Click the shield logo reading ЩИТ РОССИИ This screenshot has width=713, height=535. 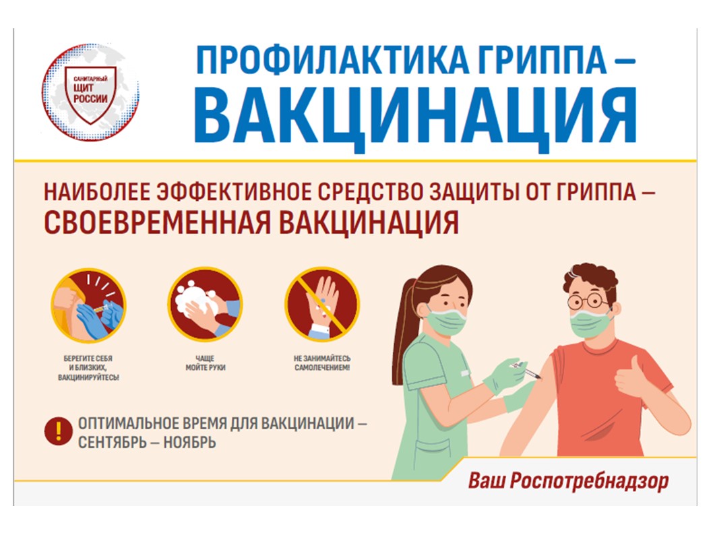pyautogui.click(x=90, y=92)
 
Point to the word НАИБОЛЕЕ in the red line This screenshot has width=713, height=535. pyautogui.click(x=97, y=192)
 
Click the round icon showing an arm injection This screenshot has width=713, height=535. pyautogui.click(x=88, y=305)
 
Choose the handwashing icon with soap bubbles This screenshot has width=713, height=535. pyautogui.click(x=205, y=305)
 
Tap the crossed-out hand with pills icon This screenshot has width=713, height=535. pyautogui.click(x=322, y=305)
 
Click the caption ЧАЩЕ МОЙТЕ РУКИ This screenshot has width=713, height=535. pyautogui.click(x=206, y=363)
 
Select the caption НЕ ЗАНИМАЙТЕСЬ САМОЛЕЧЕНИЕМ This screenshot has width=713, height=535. pyautogui.click(x=322, y=363)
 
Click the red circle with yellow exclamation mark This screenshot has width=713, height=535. pyautogui.click(x=58, y=431)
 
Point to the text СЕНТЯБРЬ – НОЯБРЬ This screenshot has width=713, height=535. pyautogui.click(x=147, y=442)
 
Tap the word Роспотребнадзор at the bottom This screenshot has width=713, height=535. pyautogui.click(x=589, y=481)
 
